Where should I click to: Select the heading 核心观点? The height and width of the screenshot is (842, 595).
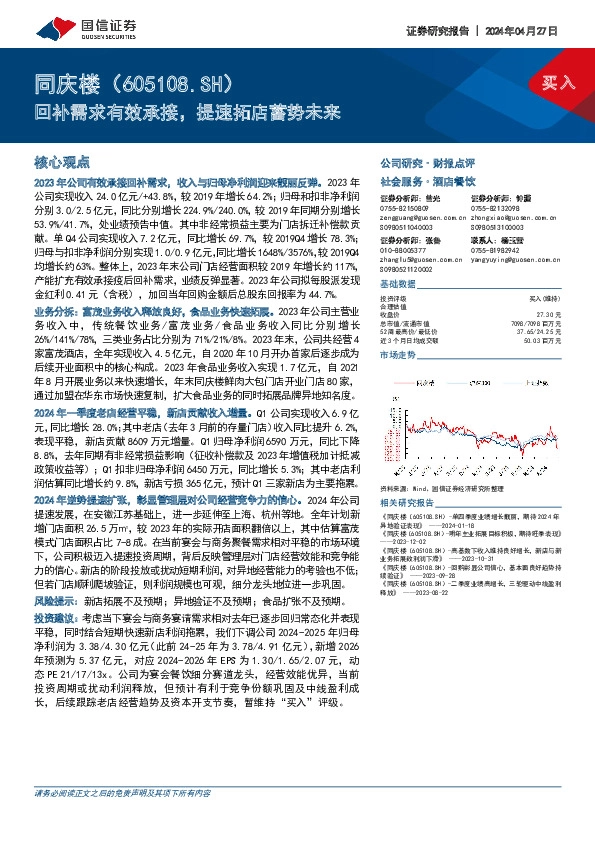point(62,161)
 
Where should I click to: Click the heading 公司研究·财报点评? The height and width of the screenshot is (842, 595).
point(419,161)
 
